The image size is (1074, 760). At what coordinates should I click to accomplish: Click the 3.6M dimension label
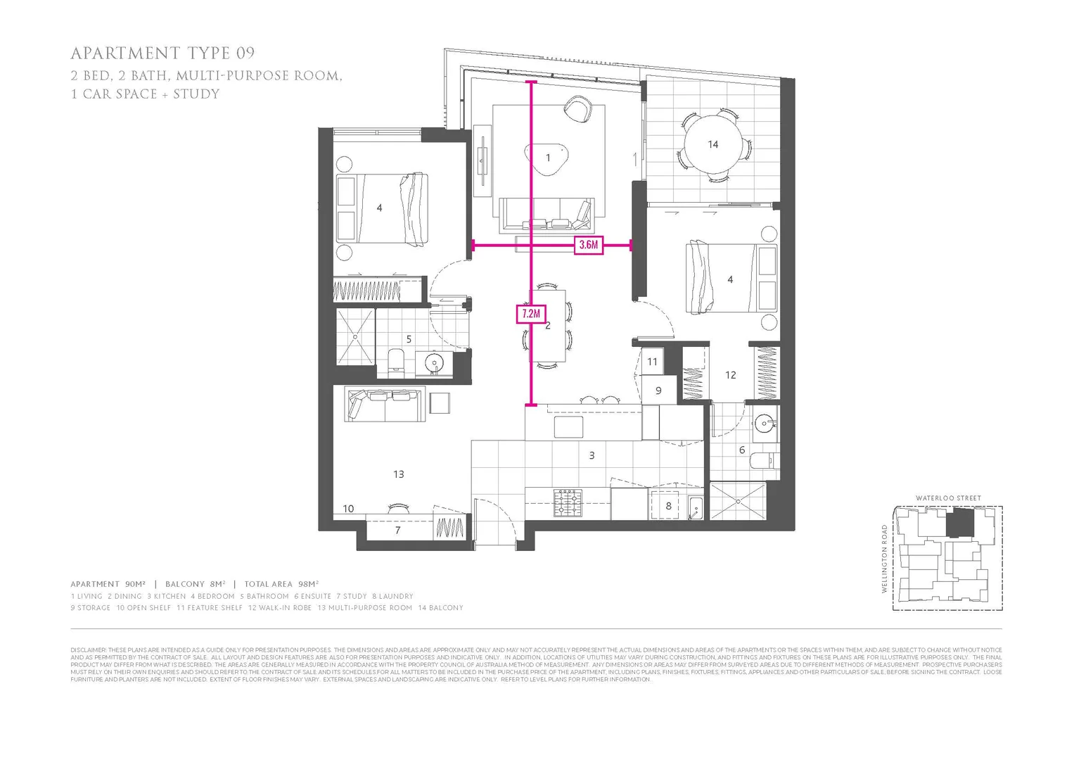pyautogui.click(x=589, y=245)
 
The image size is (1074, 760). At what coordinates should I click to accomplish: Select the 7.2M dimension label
pyautogui.click(x=531, y=314)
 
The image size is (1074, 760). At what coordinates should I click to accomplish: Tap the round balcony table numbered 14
pyautogui.click(x=712, y=144)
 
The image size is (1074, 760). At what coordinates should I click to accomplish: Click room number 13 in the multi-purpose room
pyautogui.click(x=398, y=474)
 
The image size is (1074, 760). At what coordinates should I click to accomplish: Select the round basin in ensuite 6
pyautogui.click(x=763, y=424)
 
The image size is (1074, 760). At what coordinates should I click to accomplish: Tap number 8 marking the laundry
pyautogui.click(x=668, y=505)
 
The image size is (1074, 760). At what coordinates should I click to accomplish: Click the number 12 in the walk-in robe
pyautogui.click(x=730, y=375)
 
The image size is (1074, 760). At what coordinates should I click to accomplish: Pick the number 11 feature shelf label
pyautogui.click(x=652, y=362)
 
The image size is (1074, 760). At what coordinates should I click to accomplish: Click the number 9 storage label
pyautogui.click(x=658, y=391)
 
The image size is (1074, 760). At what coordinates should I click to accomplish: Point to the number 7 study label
pyautogui.click(x=397, y=530)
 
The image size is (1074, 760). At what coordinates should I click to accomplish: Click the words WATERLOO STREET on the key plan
pyautogui.click(x=948, y=498)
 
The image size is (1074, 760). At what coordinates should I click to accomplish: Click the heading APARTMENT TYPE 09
pyautogui.click(x=162, y=53)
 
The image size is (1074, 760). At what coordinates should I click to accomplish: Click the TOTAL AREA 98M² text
pyautogui.click(x=281, y=584)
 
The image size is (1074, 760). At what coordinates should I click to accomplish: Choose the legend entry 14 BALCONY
pyautogui.click(x=440, y=608)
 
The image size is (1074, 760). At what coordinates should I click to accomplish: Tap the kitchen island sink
pyautogui.click(x=568, y=426)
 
